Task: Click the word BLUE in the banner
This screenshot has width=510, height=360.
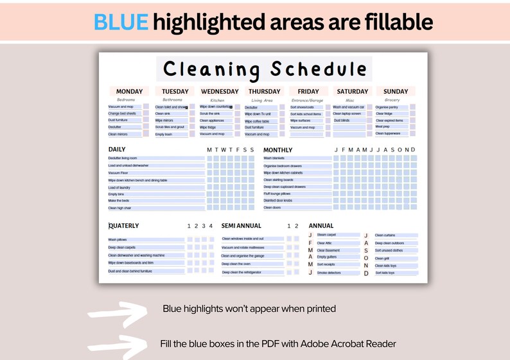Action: click(121, 22)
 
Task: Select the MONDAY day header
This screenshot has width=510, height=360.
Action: click(129, 92)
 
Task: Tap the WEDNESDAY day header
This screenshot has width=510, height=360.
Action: click(220, 92)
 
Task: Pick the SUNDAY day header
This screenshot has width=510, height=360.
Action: click(396, 92)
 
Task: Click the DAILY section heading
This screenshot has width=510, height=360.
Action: click(117, 150)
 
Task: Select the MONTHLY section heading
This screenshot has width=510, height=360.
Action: click(278, 150)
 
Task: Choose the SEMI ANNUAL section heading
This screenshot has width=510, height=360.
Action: click(242, 226)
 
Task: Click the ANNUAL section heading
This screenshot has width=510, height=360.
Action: click(321, 226)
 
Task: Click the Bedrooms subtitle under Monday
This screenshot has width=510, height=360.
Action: click(125, 100)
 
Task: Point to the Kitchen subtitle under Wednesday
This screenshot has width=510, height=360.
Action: click(218, 100)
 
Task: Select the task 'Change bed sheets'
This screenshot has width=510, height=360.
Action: click(122, 114)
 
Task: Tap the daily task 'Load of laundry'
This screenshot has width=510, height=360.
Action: click(120, 187)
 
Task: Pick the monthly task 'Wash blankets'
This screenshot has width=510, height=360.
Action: click(274, 158)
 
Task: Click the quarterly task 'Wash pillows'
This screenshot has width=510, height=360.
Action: click(118, 239)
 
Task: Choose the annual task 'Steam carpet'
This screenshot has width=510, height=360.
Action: click(326, 235)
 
